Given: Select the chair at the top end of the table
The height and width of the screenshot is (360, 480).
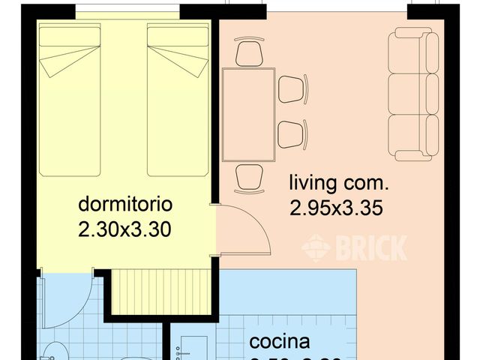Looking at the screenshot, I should click(x=249, y=52).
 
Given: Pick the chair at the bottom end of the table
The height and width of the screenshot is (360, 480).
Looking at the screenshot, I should click(x=249, y=178).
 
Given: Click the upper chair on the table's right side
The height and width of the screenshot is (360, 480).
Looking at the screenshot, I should click(x=292, y=89).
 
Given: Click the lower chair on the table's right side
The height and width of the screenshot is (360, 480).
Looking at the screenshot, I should click(x=292, y=134).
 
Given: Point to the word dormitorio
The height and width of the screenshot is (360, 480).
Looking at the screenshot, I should click(x=126, y=204).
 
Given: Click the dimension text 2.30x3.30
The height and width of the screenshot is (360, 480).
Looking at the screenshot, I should click(x=126, y=229).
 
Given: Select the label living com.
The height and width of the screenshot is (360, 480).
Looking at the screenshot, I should click(x=339, y=182).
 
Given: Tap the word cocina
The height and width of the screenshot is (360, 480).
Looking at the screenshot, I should click(x=280, y=342).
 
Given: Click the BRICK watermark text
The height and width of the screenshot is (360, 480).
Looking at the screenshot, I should click(x=355, y=247).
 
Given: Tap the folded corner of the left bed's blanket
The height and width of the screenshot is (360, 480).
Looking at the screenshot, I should click(x=56, y=65).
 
